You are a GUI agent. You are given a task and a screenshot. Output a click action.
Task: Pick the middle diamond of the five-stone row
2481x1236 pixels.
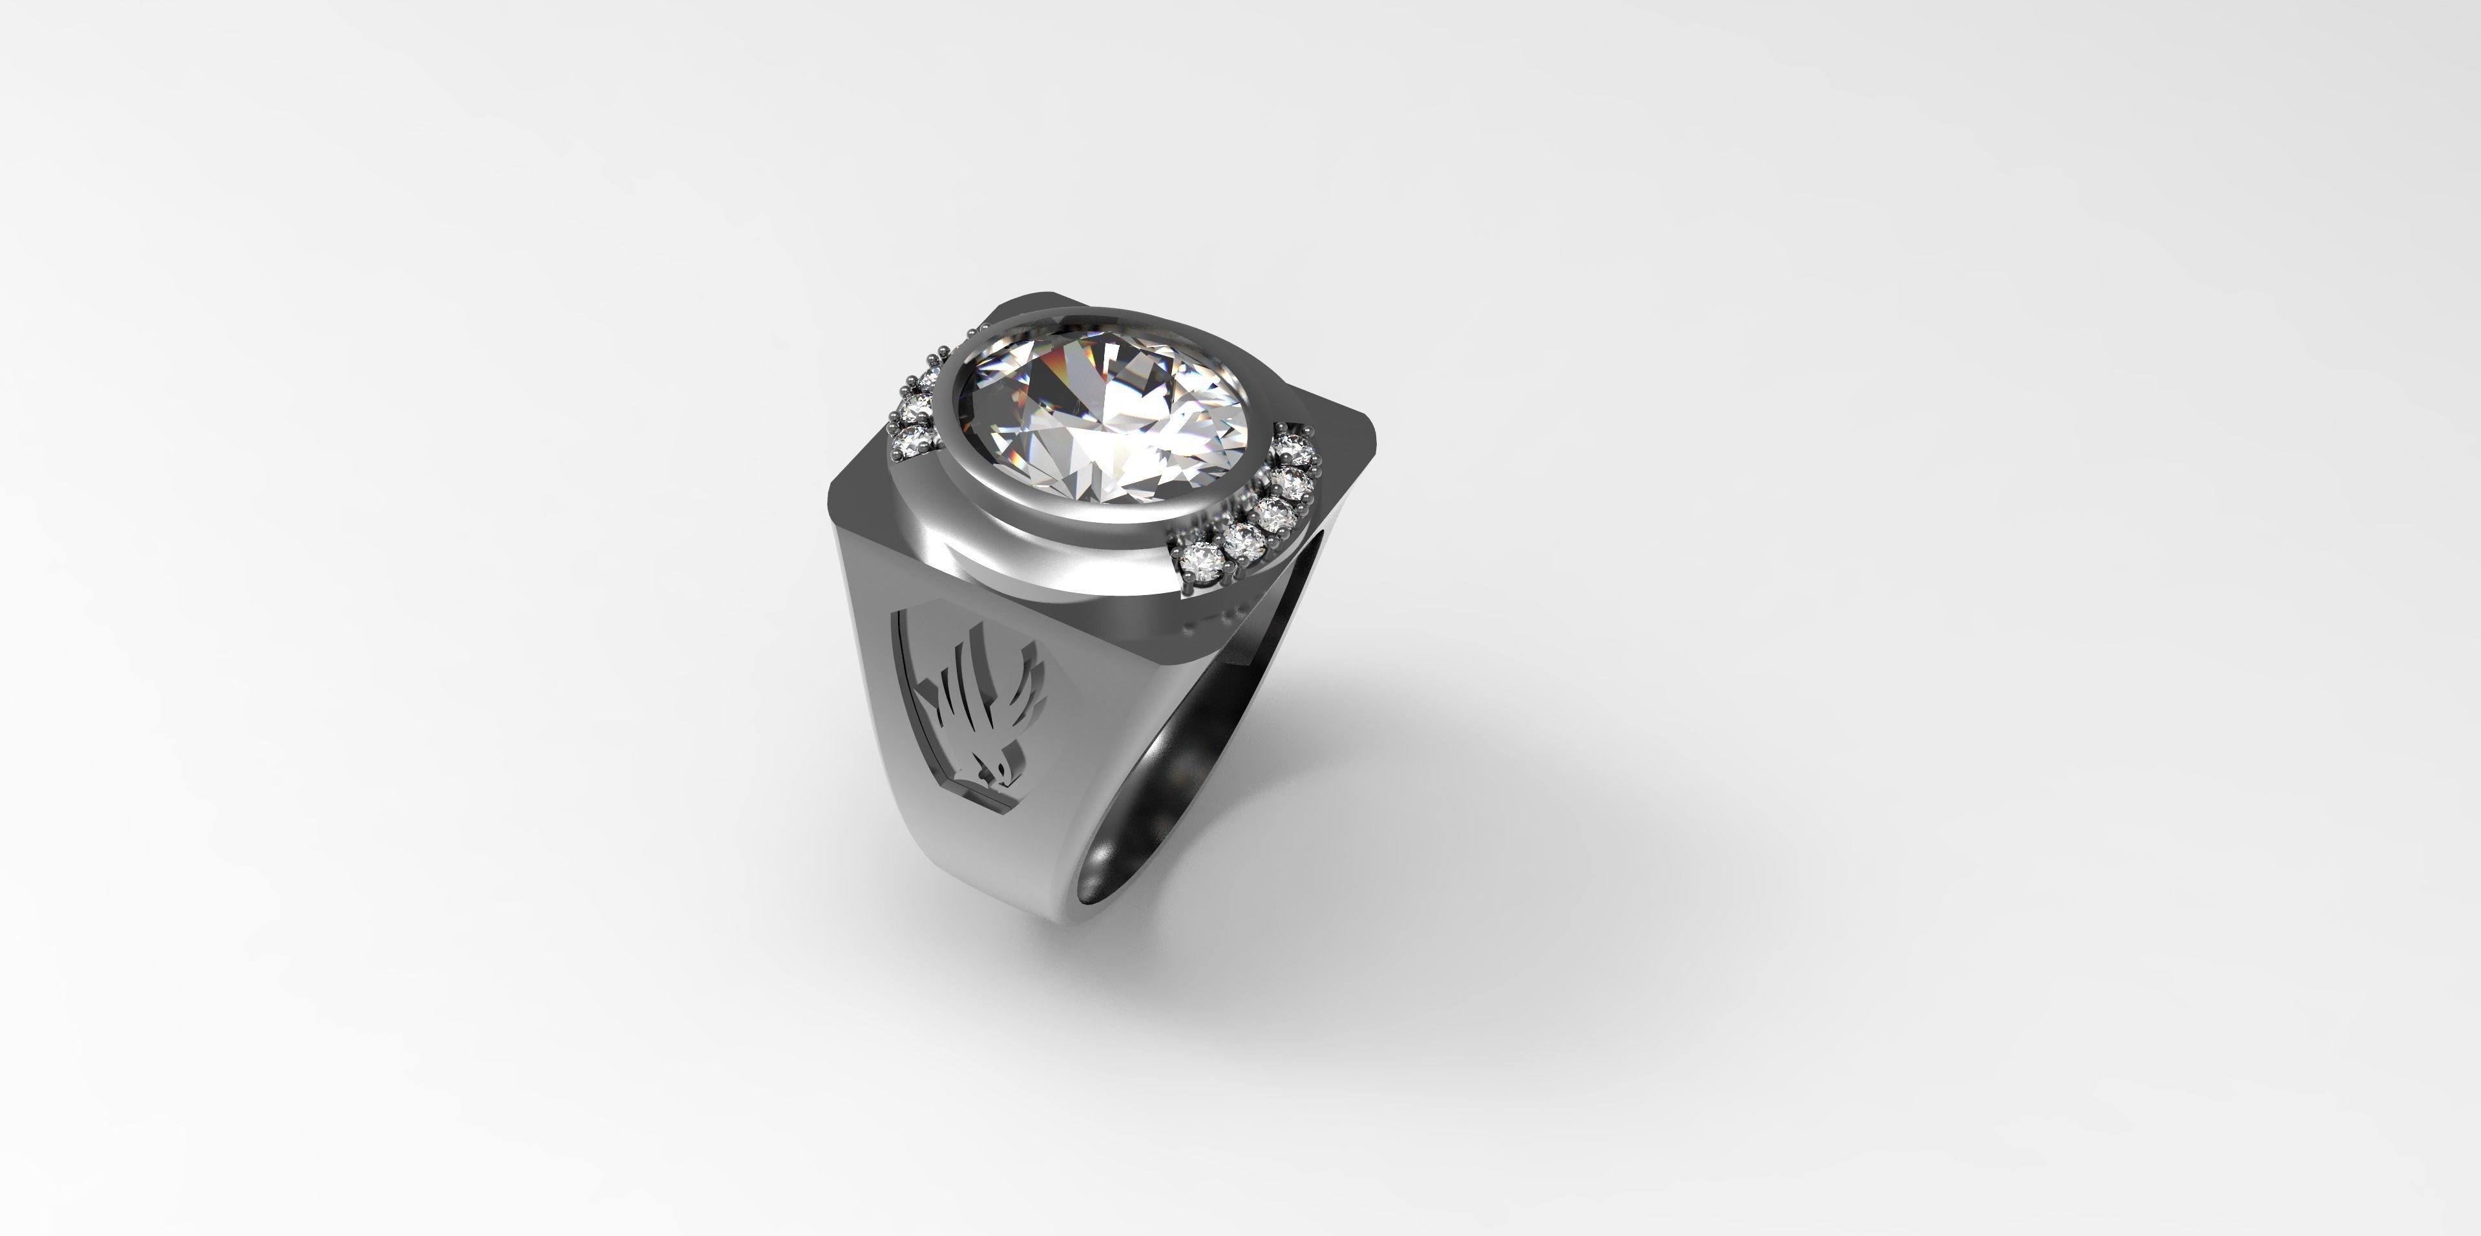pos(1276,516)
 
